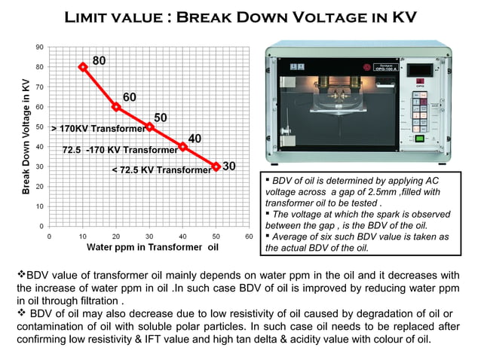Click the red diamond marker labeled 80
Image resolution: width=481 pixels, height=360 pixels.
[83, 66]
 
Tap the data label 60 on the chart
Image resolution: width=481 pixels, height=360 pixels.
[130, 97]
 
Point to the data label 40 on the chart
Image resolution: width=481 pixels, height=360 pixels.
[195, 139]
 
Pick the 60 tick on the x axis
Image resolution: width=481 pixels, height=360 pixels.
[248, 235]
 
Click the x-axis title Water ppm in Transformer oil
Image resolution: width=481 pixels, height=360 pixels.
[153, 246]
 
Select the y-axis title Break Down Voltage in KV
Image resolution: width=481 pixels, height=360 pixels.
[26, 139]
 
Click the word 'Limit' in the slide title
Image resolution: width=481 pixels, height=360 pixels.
[93, 17]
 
